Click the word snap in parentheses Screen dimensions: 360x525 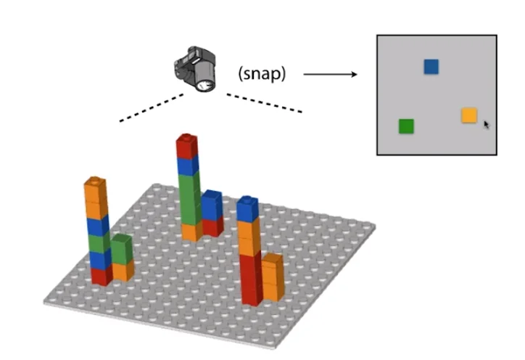coord(262,73)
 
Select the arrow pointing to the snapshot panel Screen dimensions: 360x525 coord(331,74)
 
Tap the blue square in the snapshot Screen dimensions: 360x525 coord(431,67)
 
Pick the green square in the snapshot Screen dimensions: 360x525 coord(406,126)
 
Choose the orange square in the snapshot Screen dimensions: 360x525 coord(469,115)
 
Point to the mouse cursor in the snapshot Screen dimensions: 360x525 coord(487,124)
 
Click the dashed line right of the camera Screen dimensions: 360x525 coord(264,102)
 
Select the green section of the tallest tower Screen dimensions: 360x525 coord(189,196)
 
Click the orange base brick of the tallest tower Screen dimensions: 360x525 coord(190,231)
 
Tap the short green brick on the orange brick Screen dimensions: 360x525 coord(122,249)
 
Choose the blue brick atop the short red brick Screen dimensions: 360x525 coord(212,205)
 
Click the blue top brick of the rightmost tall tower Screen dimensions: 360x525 coord(248,209)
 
